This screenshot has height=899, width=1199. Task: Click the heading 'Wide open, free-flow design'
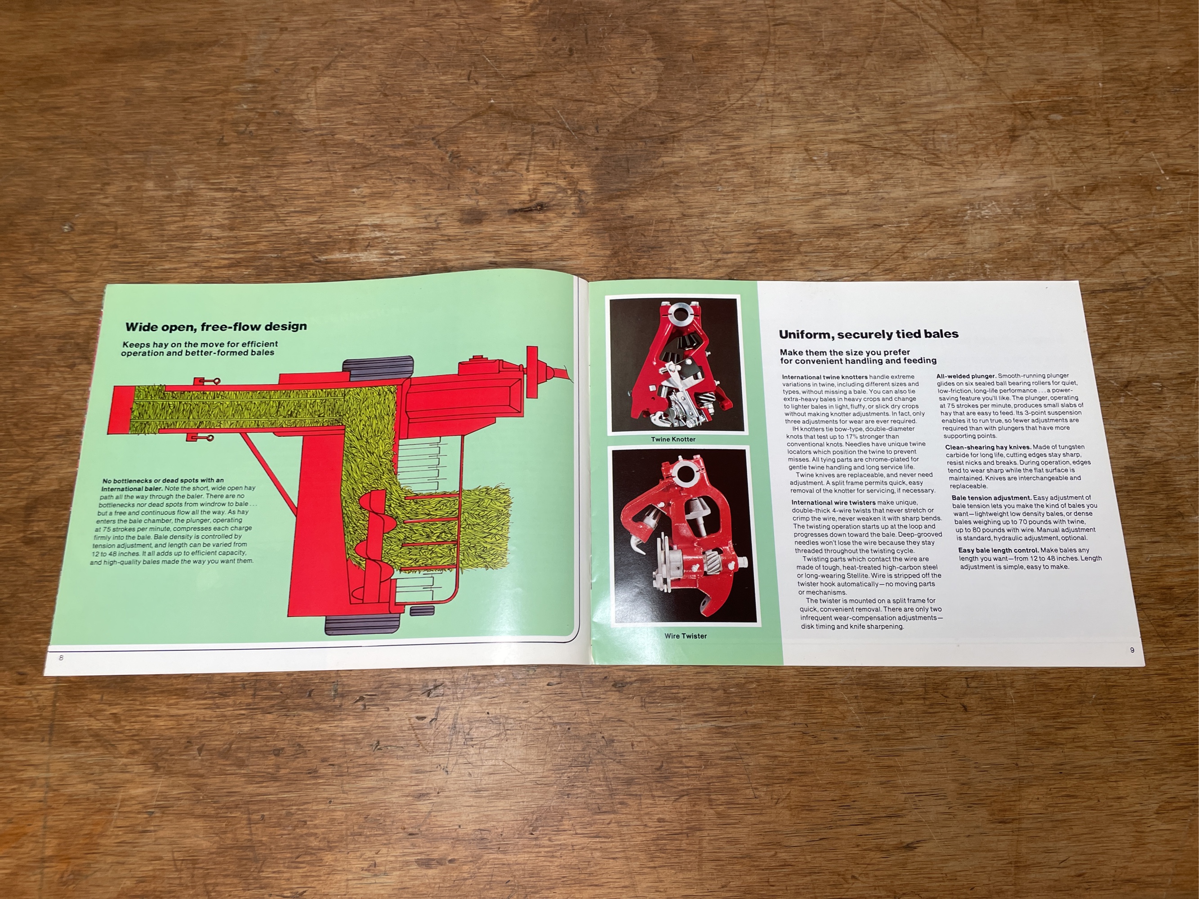click(x=216, y=327)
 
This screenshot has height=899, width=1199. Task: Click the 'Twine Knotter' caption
click(x=673, y=439)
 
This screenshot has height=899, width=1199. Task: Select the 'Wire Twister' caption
click(x=686, y=636)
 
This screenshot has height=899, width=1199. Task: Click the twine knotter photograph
click(x=674, y=365)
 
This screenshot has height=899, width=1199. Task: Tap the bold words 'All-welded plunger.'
click(x=966, y=375)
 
